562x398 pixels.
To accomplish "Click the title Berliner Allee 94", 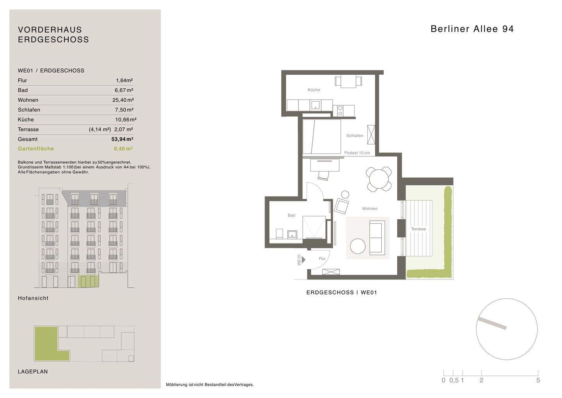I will pos(472,29).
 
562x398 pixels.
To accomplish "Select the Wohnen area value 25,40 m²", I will pos(123,100).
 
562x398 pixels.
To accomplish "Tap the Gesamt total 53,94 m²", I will pos(122,139).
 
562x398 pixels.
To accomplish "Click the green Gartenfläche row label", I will pos(36,149).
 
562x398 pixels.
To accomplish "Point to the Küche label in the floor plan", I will pos(314,90).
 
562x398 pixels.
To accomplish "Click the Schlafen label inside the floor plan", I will pos(355,136).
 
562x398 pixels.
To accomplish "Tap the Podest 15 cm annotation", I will pos(357,153).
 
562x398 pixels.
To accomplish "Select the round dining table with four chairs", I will pos(379,179).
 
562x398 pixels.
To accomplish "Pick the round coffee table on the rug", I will pos(358,246).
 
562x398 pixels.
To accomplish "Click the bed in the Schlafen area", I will pos(322,136).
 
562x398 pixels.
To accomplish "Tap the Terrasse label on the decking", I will pos(418,229).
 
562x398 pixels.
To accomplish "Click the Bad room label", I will pos(291,215).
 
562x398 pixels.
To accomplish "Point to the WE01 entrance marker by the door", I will pos(299,260).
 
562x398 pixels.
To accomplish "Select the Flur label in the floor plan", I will pos(322,258).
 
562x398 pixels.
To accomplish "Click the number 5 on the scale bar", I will pos(538,380).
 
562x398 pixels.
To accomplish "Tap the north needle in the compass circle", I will pos(492,323).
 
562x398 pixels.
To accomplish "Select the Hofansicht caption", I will pos(33,298).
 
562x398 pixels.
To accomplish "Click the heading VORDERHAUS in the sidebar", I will pos(50,30).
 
